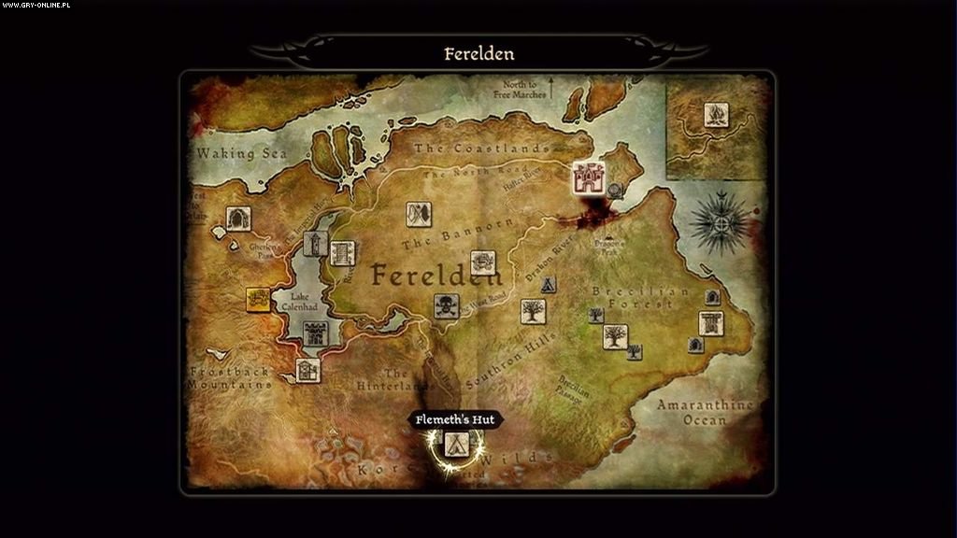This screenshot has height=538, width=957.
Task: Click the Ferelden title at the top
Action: (478, 53)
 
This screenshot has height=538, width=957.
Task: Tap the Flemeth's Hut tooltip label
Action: (456, 420)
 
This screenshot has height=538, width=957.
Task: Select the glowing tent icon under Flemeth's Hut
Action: (456, 444)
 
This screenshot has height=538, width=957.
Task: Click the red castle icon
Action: (589, 177)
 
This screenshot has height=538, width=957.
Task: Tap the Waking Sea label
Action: (241, 154)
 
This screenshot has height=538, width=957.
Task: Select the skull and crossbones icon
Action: (446, 305)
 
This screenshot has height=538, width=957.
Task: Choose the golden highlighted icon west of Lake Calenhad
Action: (258, 299)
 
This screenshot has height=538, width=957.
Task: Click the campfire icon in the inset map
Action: (716, 116)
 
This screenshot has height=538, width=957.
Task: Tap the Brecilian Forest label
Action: (639, 298)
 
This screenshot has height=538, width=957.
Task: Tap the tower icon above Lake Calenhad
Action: (316, 246)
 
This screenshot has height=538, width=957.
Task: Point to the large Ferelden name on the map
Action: (436, 275)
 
